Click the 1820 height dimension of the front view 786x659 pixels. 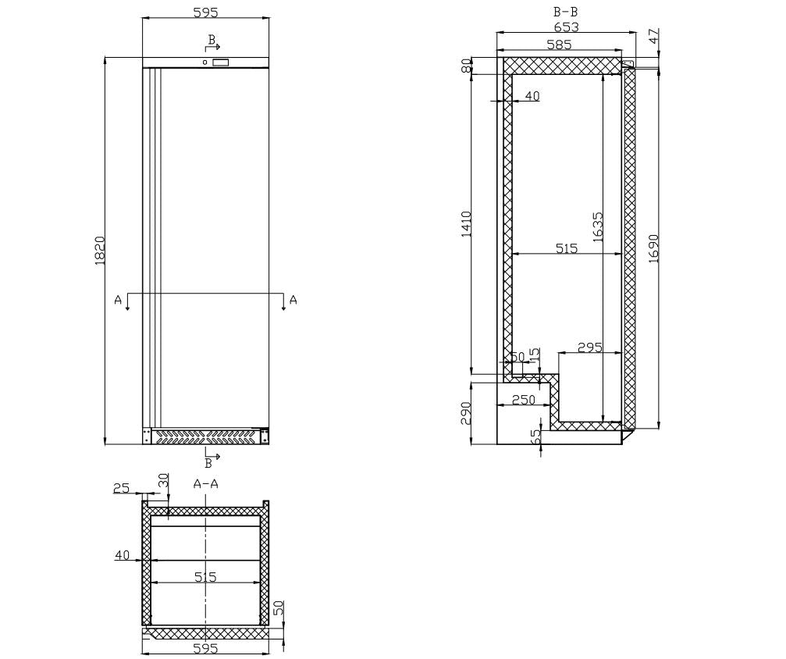click(x=100, y=250)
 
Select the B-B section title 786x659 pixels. click(x=565, y=11)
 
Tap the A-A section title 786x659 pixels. click(x=205, y=484)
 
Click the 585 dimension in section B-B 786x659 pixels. click(x=559, y=45)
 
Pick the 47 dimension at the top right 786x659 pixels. click(x=653, y=35)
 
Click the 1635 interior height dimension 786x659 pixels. click(x=597, y=227)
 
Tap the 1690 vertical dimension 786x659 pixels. click(x=653, y=248)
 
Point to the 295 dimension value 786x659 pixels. click(x=589, y=347)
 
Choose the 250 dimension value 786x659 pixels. click(x=523, y=400)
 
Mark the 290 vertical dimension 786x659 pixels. click(x=466, y=411)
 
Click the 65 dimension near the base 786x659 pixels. click(x=535, y=436)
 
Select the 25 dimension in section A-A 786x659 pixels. click(x=121, y=489)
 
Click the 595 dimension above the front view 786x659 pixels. click(x=205, y=12)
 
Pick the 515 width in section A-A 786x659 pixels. click(x=205, y=577)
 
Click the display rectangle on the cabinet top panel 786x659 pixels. click(x=221, y=62)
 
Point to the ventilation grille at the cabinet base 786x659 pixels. click(x=206, y=436)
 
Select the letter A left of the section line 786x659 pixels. click(x=118, y=300)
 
